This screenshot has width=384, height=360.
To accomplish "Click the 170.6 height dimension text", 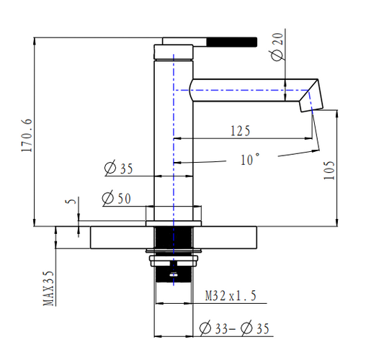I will coord(27,133).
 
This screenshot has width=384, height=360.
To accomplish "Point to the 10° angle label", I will coord(249,160).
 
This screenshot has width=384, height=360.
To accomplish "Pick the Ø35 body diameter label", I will coord(118,169).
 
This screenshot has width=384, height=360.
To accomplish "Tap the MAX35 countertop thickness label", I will coord(49,288).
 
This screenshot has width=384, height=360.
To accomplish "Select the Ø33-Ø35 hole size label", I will coord(235,329).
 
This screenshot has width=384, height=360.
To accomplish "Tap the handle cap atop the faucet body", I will coord(174,51).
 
